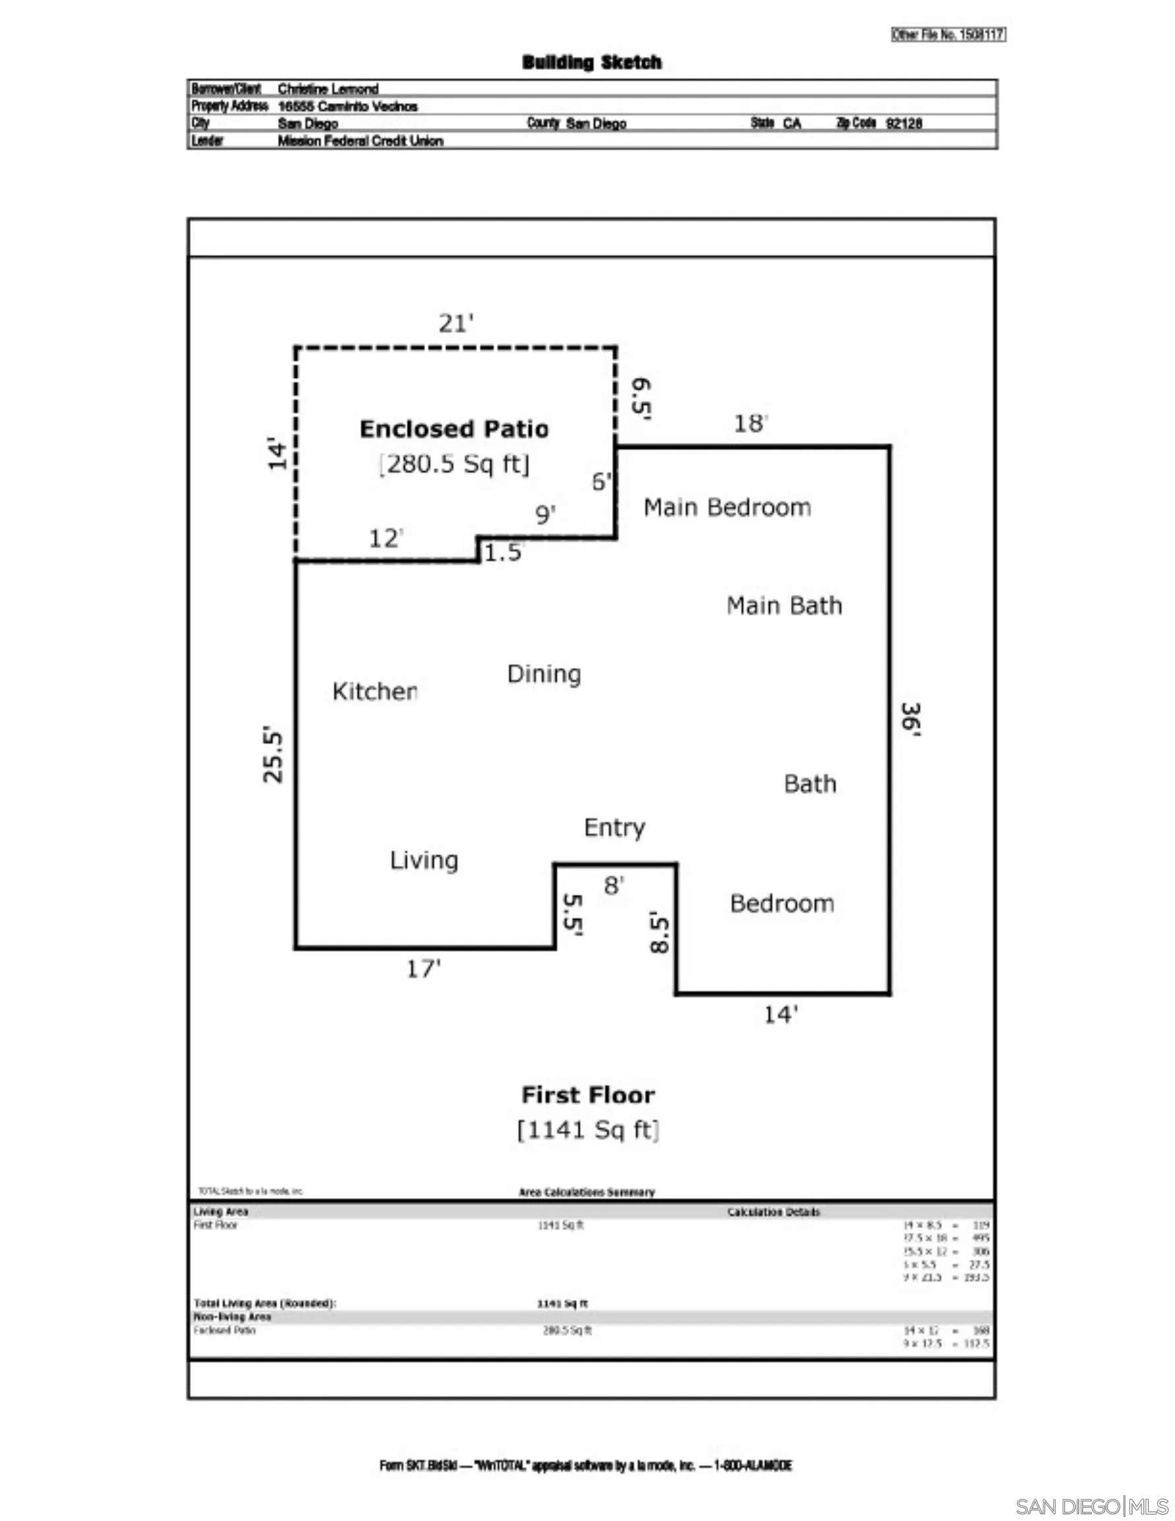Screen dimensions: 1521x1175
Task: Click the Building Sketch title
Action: click(x=591, y=63)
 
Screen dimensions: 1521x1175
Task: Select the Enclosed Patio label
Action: click(x=453, y=429)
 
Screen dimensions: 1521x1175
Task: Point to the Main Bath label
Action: click(x=784, y=605)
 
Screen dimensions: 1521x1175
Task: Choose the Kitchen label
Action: click(x=375, y=691)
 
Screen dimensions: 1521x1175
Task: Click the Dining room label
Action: click(x=544, y=673)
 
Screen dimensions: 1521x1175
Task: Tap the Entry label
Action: click(x=615, y=827)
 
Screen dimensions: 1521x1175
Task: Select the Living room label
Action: click(x=424, y=860)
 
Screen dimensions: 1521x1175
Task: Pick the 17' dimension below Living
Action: click(x=424, y=968)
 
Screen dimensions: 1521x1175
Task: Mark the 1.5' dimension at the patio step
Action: click(x=502, y=553)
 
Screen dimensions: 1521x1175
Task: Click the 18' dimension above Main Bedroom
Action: click(x=750, y=423)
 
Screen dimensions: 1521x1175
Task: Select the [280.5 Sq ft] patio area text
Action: click(x=454, y=464)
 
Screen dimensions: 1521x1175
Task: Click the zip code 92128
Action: click(x=904, y=123)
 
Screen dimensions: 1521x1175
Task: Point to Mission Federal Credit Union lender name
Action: click(x=360, y=141)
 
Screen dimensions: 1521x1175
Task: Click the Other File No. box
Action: click(x=948, y=35)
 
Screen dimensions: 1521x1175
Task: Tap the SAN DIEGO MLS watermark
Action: click(x=1091, y=1506)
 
